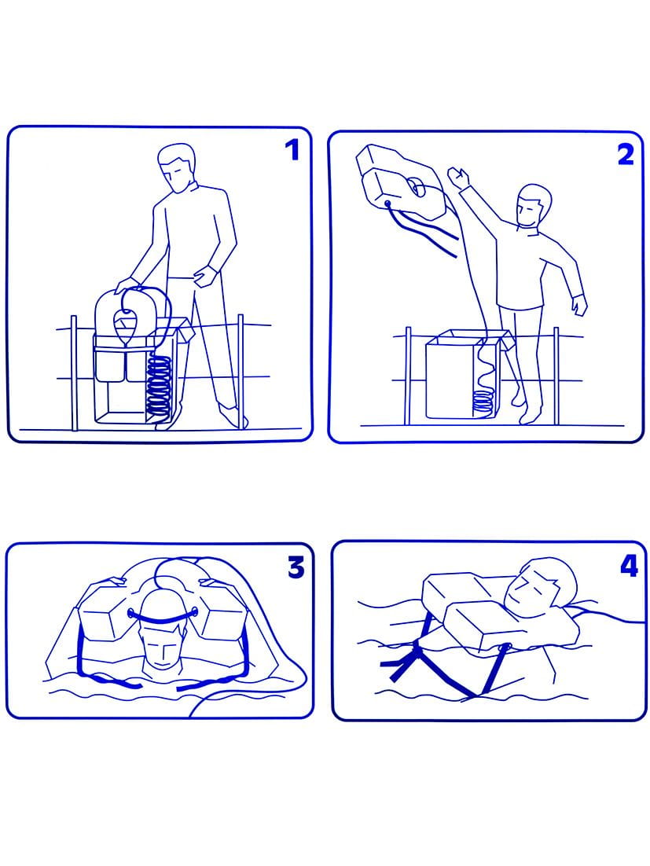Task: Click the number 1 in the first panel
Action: click(292, 149)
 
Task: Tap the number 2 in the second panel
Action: click(626, 155)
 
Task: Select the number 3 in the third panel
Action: click(296, 567)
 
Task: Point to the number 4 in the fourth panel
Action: click(629, 566)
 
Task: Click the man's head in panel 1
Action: click(177, 167)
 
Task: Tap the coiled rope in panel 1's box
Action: click(160, 386)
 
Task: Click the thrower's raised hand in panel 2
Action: click(457, 178)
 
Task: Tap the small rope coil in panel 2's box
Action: click(483, 402)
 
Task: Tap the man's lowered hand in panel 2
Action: click(578, 305)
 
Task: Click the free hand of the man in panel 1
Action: click(205, 274)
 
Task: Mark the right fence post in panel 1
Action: click(241, 372)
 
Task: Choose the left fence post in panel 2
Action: click(408, 376)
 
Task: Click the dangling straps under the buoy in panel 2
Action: click(425, 232)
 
